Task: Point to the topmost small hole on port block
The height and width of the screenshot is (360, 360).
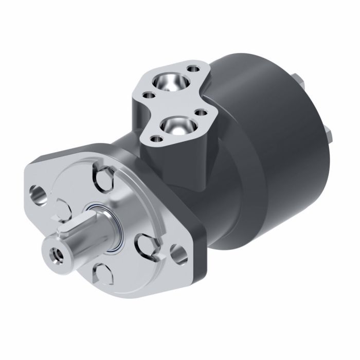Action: point(193,67)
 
